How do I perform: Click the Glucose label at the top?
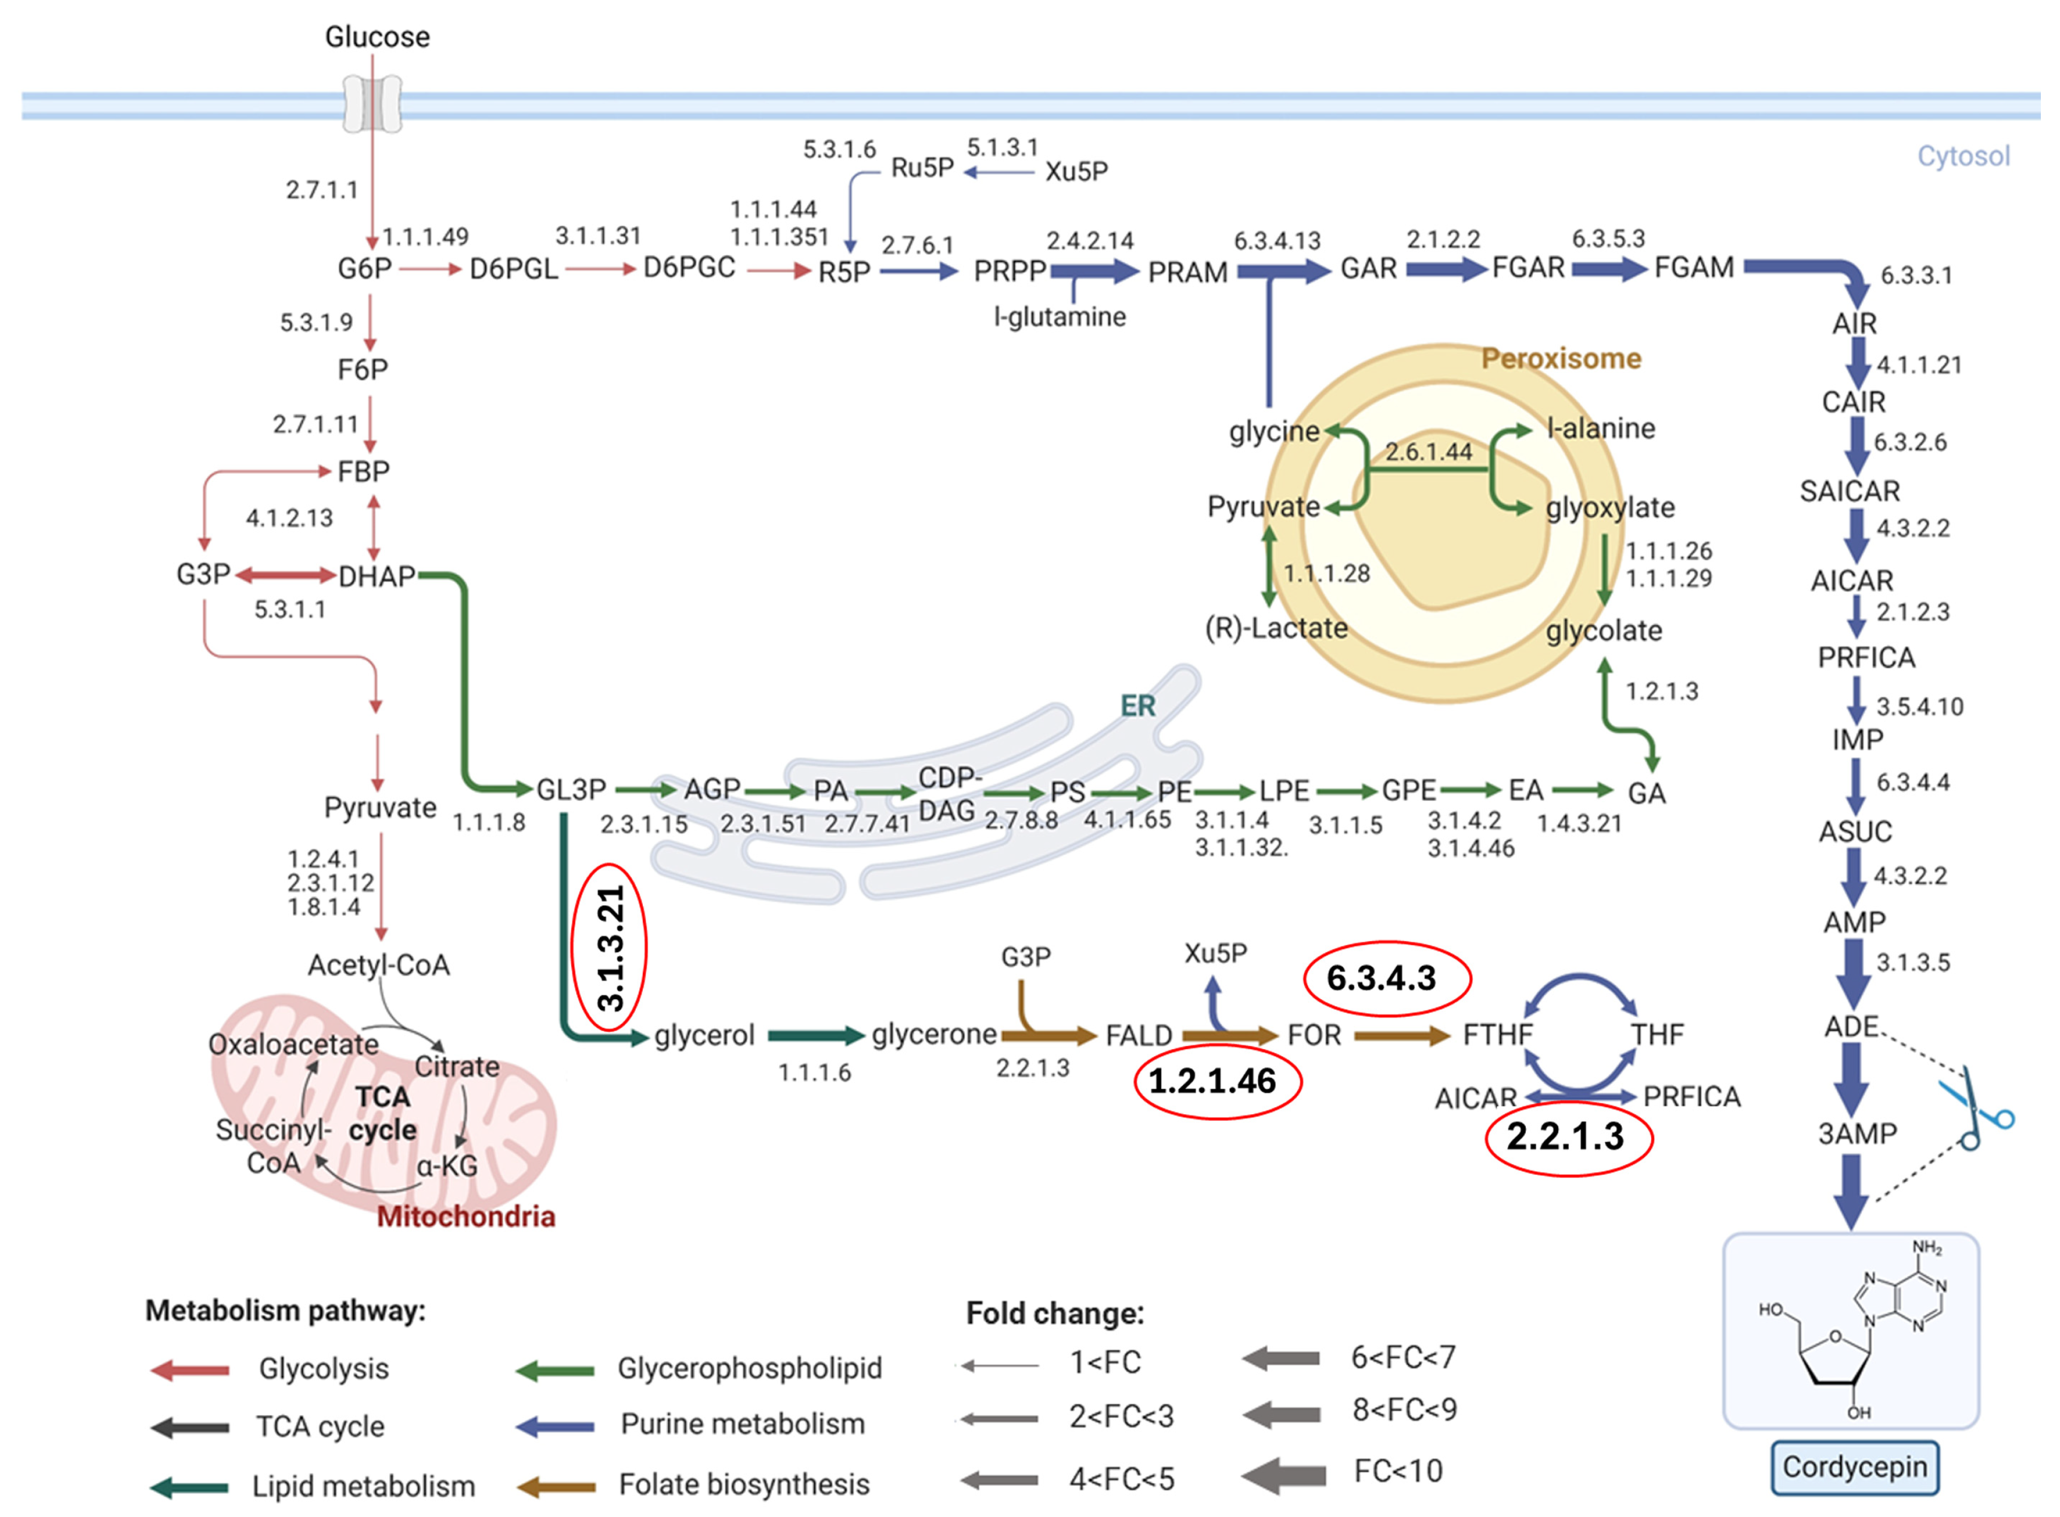(x=377, y=37)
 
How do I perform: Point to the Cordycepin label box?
(x=1853, y=1466)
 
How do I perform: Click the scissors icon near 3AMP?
(x=1975, y=1112)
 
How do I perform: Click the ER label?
(x=1137, y=705)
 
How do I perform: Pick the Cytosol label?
(x=1963, y=156)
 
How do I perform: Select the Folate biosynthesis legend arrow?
(x=556, y=1485)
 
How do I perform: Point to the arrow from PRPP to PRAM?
(x=1094, y=270)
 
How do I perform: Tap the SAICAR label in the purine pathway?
(x=1849, y=491)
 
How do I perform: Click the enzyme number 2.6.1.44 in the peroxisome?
(x=1428, y=452)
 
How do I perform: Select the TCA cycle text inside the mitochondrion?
(x=383, y=1113)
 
